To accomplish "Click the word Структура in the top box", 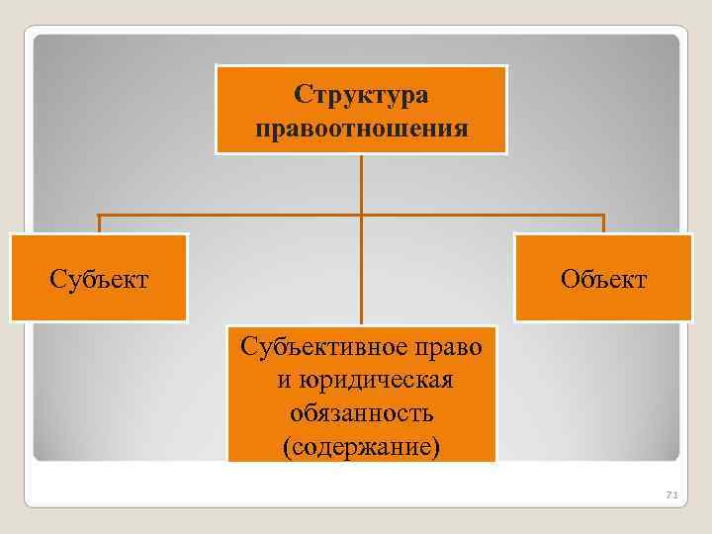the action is (x=361, y=96).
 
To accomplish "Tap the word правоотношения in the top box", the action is (x=361, y=129).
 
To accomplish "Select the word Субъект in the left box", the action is (x=99, y=280).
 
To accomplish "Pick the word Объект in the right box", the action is (x=603, y=280).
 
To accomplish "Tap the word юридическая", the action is (x=372, y=381).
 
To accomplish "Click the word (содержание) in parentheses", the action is (x=361, y=446).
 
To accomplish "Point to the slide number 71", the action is (x=668, y=493).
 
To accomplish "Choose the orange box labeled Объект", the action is (x=603, y=302).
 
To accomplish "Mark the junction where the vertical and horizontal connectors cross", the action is (x=361, y=215).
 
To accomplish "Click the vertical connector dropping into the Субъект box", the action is (x=98, y=224).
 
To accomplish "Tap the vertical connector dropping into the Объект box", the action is (x=603, y=224).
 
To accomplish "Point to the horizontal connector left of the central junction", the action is (x=227, y=215).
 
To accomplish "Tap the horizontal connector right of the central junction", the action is (x=485, y=215).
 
